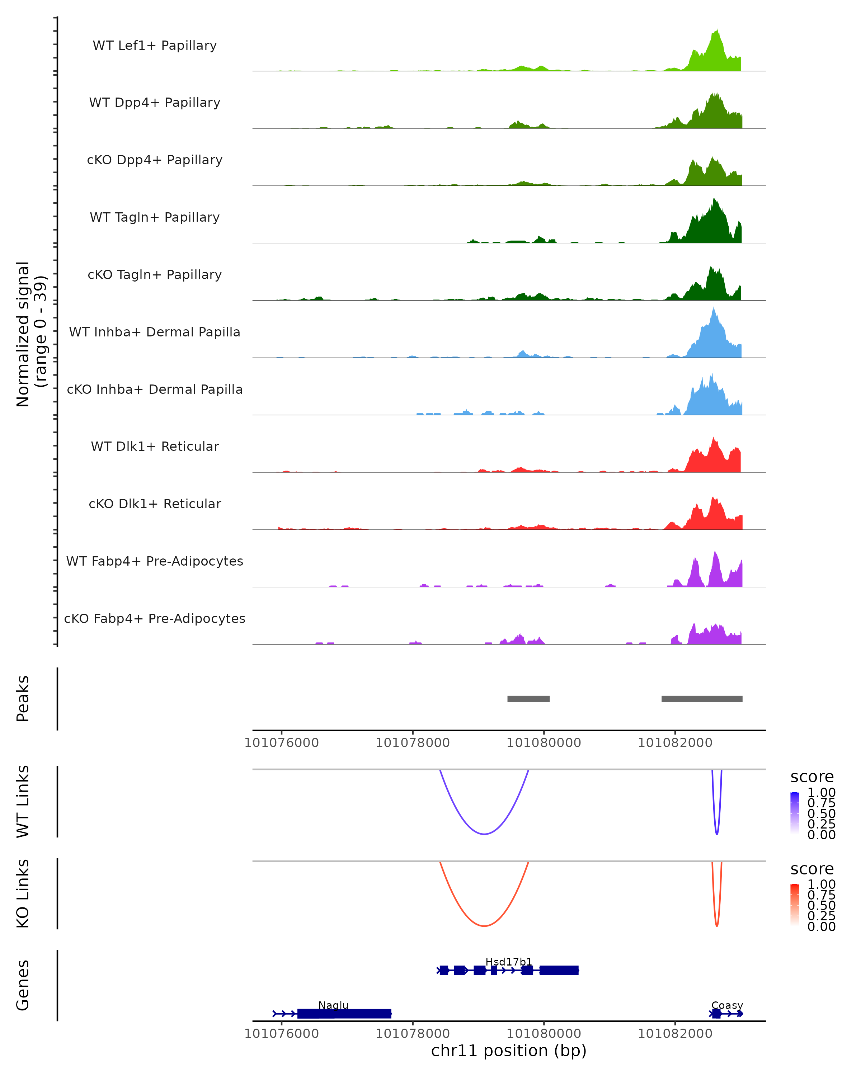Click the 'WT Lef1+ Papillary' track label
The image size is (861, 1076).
[x=155, y=46]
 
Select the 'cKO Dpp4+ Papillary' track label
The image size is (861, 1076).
[x=155, y=160]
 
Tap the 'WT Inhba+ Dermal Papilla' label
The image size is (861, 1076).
[x=155, y=332]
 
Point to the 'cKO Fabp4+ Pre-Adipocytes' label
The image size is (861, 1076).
[x=155, y=618]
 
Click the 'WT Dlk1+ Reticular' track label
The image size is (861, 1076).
[x=155, y=446]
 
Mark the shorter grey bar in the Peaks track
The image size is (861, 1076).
[x=528, y=699]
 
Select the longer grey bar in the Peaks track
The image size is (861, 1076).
[x=702, y=699]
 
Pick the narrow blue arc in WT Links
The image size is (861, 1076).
[x=717, y=834]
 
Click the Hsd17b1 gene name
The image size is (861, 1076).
[x=509, y=962]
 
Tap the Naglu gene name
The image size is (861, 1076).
[x=333, y=1005]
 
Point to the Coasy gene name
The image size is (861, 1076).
[x=727, y=1005]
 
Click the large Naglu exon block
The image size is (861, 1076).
[x=344, y=1014]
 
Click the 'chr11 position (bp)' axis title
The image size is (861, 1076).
[x=509, y=1051]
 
